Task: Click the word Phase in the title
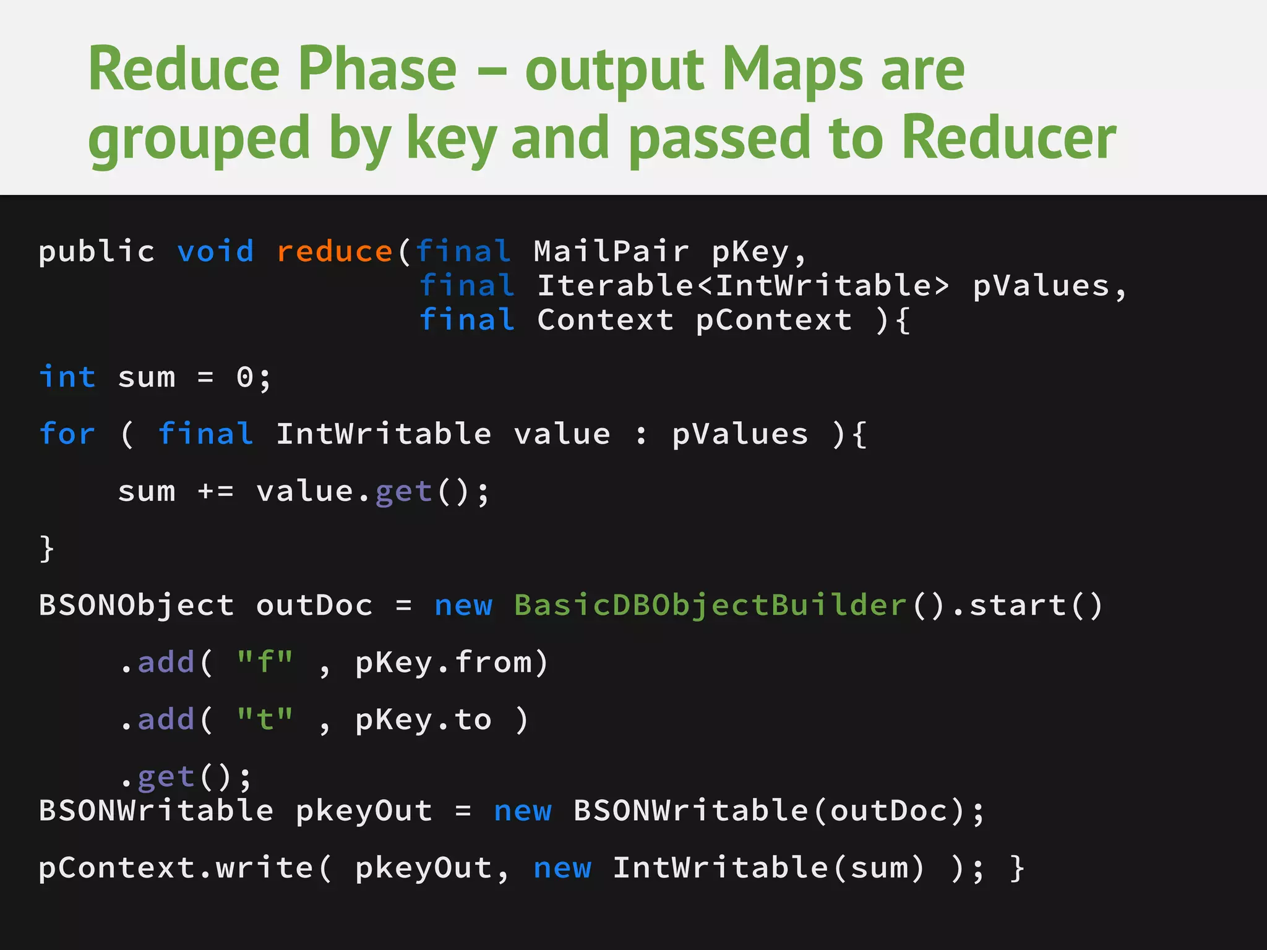377,69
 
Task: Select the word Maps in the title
792,69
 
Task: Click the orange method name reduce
334,252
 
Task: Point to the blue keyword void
215,252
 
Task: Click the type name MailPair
611,252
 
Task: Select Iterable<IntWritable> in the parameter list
743,286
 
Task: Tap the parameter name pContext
773,320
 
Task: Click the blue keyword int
67,377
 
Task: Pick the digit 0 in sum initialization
245,377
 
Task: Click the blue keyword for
67,434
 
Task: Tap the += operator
215,492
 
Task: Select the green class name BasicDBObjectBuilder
710,605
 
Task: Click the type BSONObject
137,605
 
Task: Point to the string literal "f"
265,662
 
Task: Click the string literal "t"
265,719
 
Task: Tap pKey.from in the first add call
443,662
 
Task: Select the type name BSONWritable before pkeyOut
156,811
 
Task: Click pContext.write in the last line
176,868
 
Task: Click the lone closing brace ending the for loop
47,549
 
